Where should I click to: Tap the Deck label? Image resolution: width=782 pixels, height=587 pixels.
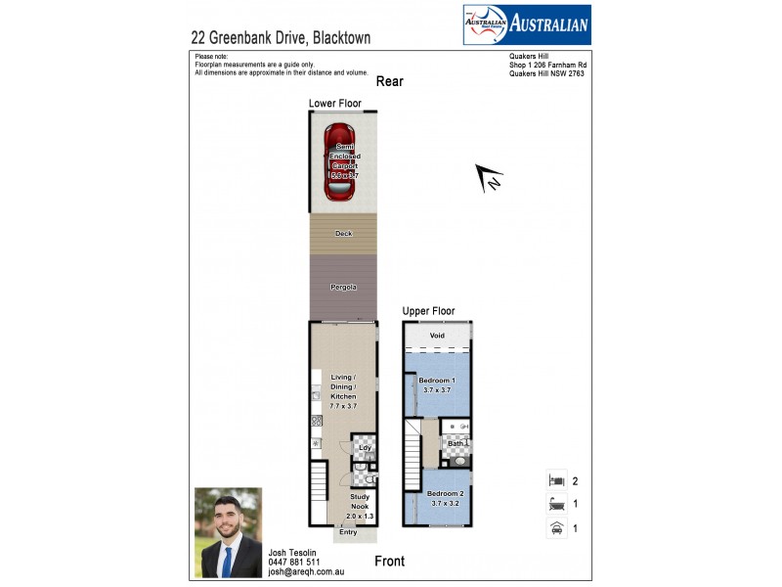coord(343,234)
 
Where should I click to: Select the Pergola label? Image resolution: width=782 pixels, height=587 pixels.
coord(343,288)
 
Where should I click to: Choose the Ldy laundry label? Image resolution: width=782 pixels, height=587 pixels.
coord(352,448)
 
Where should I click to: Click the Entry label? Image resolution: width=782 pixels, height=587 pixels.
coord(348,531)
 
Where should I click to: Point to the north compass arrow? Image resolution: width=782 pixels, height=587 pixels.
coord(488,177)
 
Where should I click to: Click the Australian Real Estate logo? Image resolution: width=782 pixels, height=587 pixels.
coord(526,25)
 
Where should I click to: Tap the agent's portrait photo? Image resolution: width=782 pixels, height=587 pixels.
coord(229,532)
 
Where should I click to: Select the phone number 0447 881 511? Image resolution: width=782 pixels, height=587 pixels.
coord(293,563)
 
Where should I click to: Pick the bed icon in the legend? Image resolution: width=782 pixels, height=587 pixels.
coord(555,480)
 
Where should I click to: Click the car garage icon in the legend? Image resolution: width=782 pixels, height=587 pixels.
coord(555,529)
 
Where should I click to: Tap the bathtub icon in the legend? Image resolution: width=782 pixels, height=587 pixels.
coord(555,505)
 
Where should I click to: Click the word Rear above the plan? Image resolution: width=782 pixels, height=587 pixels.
coord(389,82)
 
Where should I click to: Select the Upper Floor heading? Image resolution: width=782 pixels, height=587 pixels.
coord(428,311)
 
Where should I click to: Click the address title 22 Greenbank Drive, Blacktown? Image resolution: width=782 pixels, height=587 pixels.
coord(281,38)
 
